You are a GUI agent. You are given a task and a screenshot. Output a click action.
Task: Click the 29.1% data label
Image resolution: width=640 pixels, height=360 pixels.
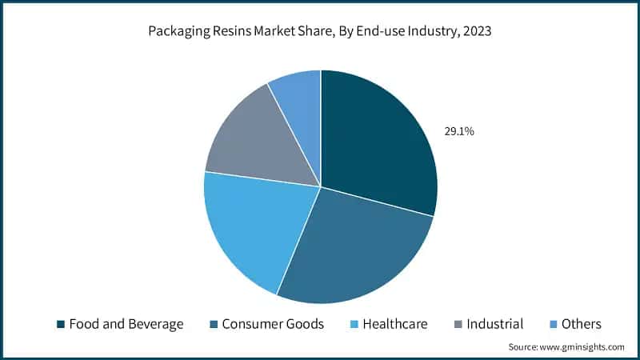(459, 131)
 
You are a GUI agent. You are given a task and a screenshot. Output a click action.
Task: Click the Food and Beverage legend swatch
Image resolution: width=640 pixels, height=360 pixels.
(60, 324)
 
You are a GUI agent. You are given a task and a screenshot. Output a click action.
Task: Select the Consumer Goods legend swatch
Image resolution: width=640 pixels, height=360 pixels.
(213, 324)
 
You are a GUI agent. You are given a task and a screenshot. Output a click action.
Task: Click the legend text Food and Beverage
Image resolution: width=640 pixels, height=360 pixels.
(126, 324)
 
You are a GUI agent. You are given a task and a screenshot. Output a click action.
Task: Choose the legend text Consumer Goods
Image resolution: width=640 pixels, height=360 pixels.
(273, 324)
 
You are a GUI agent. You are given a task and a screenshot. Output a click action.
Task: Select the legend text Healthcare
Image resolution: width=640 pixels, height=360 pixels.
(395, 324)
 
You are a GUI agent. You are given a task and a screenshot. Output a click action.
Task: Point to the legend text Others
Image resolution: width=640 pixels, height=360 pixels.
(581, 324)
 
